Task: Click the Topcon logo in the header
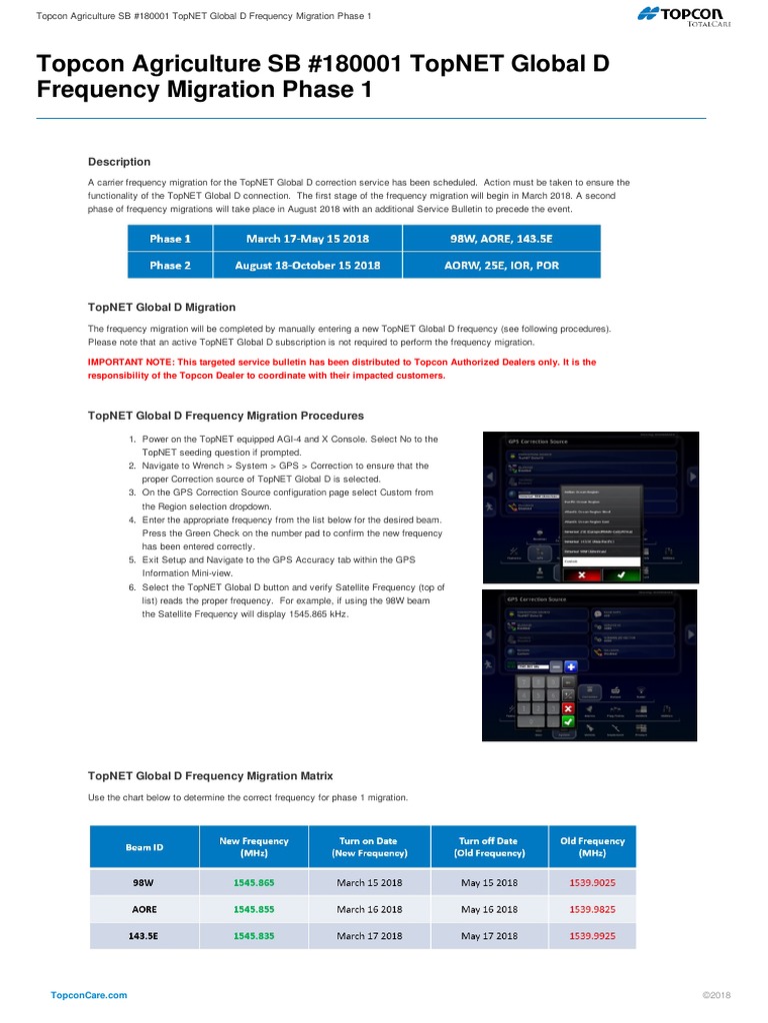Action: click(683, 14)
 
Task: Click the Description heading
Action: click(119, 162)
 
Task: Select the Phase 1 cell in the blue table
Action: click(170, 239)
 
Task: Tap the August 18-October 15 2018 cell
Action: click(307, 266)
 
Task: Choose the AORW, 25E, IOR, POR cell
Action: click(502, 266)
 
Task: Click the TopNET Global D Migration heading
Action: click(162, 307)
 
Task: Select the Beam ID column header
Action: click(145, 847)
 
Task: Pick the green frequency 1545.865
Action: click(254, 883)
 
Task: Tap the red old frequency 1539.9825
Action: click(593, 909)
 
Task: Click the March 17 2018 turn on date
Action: click(369, 936)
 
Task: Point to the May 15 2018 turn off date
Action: click(489, 883)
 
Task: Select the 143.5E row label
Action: click(144, 936)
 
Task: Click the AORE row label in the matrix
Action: click(144, 909)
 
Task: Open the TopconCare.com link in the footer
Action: click(89, 996)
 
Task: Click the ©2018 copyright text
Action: click(717, 996)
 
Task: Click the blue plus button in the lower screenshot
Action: click(571, 666)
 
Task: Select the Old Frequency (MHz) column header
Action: click(592, 847)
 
